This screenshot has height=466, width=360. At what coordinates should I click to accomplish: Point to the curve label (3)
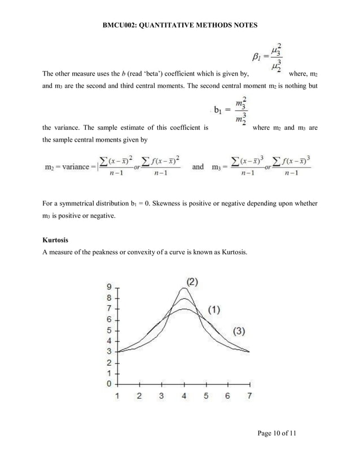(x=235, y=331)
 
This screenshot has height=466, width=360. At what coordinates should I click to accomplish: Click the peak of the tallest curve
(x=183, y=288)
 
